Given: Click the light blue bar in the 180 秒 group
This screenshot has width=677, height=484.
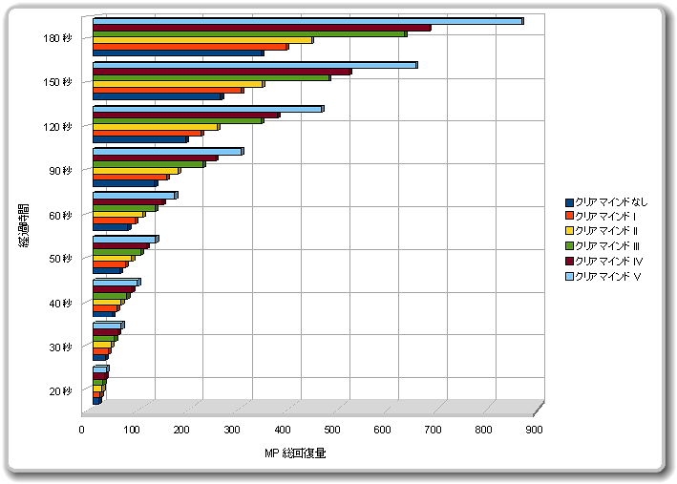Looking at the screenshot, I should pos(306,20).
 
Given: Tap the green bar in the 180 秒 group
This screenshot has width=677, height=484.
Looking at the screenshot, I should pos(248,34).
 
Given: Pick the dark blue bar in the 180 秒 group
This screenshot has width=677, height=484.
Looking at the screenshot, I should pos(178,53).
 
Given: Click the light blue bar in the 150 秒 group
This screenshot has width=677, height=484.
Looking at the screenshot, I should pos(254,65).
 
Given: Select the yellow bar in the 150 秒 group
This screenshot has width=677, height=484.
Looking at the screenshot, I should pos(178,84).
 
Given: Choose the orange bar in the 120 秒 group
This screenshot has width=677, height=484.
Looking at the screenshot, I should pos(147,133).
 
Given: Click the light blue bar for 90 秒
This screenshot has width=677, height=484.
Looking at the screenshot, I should pos(167,151).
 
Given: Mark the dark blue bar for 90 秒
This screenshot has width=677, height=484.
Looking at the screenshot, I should pos(124,183).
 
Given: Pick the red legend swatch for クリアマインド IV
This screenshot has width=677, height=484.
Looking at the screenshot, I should pos(570,262).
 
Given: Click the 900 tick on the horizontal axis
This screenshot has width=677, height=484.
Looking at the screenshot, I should pos(534,431).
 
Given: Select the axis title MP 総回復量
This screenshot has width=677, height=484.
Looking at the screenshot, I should pos(296,452).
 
